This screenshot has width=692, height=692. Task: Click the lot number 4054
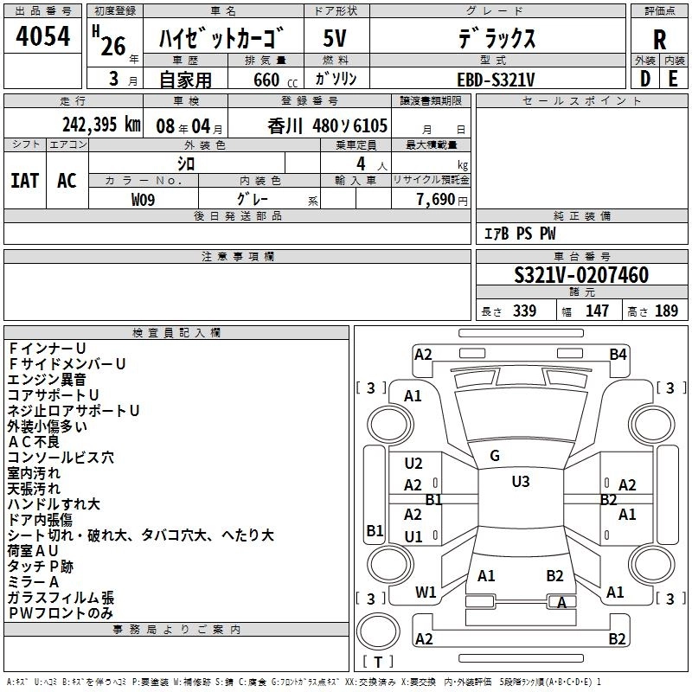click(43, 37)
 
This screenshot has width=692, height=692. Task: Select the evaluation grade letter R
click(660, 39)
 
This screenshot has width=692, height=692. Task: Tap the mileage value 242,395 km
click(101, 125)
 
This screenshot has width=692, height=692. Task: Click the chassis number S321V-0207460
click(581, 275)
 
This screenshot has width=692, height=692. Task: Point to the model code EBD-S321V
click(496, 79)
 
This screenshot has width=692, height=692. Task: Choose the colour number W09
click(144, 199)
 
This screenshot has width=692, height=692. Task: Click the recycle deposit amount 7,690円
click(441, 199)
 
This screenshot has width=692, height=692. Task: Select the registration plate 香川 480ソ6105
click(328, 125)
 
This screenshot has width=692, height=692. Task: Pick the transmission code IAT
click(25, 181)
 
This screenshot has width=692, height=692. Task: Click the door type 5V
click(336, 39)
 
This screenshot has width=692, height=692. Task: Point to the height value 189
click(666, 311)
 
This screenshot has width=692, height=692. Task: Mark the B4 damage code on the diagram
click(618, 354)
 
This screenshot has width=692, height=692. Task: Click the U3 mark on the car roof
click(520, 481)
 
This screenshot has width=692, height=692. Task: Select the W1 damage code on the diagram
click(425, 593)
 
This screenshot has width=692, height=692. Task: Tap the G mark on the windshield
click(494, 456)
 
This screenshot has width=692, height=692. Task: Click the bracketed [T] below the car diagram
click(377, 663)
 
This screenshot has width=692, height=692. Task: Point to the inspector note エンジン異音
click(48, 379)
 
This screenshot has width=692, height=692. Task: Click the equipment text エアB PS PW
click(519, 234)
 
